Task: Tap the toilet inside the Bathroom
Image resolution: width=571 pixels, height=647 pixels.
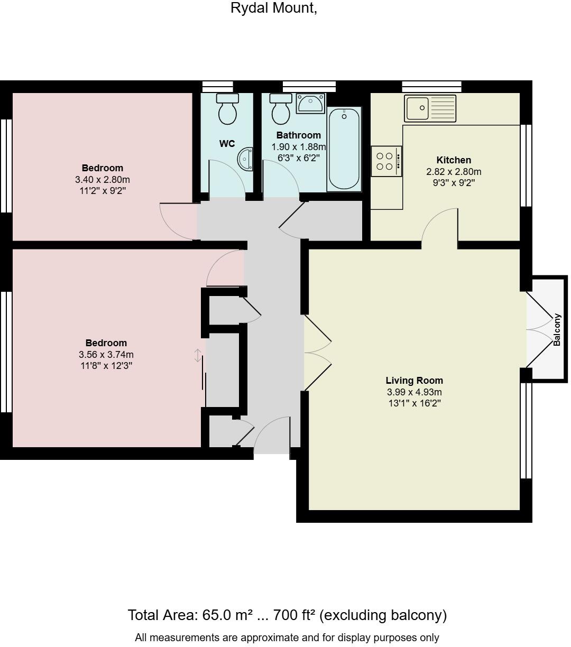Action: pos(280,109)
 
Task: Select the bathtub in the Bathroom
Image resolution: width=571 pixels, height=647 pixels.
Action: pos(344,149)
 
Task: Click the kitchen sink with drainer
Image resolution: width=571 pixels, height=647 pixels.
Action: pos(430,108)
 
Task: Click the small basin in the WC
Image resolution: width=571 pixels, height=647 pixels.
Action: pos(246,159)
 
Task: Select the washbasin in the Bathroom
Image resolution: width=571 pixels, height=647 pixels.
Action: pos(310,103)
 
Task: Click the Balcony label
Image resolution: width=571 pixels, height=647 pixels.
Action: pos(557,330)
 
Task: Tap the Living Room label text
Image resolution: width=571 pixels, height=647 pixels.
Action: pos(414,381)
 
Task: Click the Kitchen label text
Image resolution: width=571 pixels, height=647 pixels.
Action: pos(454,160)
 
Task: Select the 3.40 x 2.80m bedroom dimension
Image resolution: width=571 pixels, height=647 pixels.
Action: pos(103,180)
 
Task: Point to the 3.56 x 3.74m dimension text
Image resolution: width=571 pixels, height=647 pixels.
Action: pos(106,354)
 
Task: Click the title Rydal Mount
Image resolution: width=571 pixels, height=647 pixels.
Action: pos(274,8)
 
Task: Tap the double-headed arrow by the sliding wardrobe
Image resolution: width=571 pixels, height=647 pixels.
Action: pos(198,356)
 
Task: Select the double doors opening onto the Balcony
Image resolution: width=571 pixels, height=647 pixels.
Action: pos(539,329)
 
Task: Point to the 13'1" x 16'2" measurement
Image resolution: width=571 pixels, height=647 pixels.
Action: pos(414,403)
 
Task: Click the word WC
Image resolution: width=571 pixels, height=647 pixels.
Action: pos(227,144)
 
